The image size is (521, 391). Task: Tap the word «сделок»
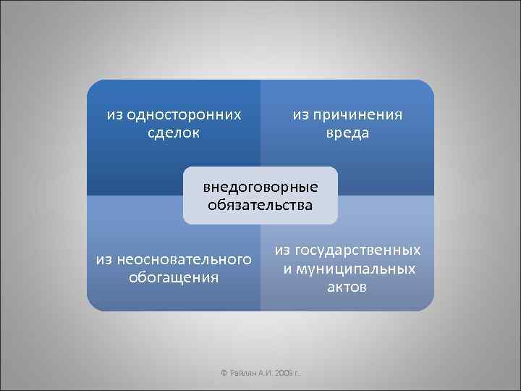[x=174, y=133]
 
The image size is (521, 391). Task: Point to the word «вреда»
[x=347, y=133]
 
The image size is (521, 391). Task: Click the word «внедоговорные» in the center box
[x=260, y=187]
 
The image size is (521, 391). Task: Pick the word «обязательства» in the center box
[x=260, y=205]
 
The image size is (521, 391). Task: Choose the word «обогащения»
[x=174, y=277]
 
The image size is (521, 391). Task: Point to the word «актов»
[x=347, y=287]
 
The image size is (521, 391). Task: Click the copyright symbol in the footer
[x=224, y=372]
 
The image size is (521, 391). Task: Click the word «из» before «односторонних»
[x=114, y=114]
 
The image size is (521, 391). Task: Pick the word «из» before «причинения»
[x=300, y=114]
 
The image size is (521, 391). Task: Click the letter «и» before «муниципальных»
[x=287, y=269]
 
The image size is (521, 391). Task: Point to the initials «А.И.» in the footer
[x=265, y=372]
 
